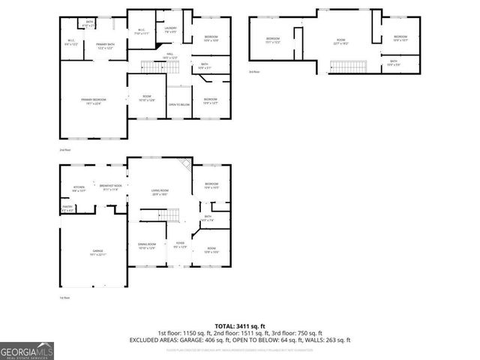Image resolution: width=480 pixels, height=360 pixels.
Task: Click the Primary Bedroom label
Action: coord(94,101)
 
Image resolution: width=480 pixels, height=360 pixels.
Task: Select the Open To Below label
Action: coord(178,104)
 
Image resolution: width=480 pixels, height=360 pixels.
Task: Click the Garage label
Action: coord(97,251)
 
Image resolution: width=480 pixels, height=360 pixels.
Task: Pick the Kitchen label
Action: coord(79,188)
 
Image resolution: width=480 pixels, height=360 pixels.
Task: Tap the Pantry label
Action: coord(67,209)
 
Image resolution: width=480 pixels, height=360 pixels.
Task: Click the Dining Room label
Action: coord(145,245)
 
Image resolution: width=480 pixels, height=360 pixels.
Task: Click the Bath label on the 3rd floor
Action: coord(393,64)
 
